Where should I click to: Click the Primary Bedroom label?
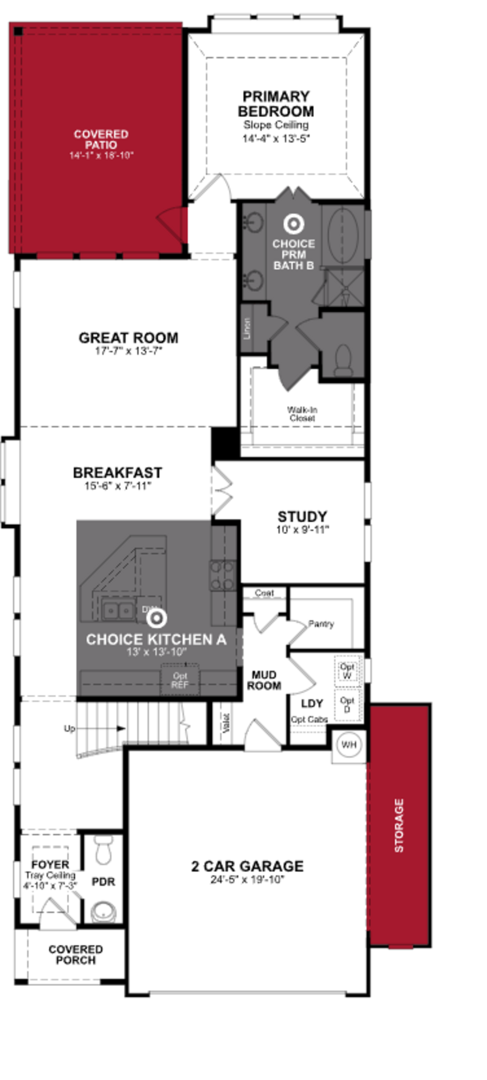pyautogui.click(x=276, y=104)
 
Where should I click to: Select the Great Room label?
pyautogui.click(x=128, y=338)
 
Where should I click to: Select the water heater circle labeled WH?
pyautogui.click(x=349, y=745)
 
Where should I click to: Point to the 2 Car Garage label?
pyautogui.click(x=247, y=866)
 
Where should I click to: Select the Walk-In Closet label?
pyautogui.click(x=302, y=414)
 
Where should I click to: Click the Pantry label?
pyautogui.click(x=321, y=624)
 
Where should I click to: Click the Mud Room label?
pyautogui.click(x=263, y=680)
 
